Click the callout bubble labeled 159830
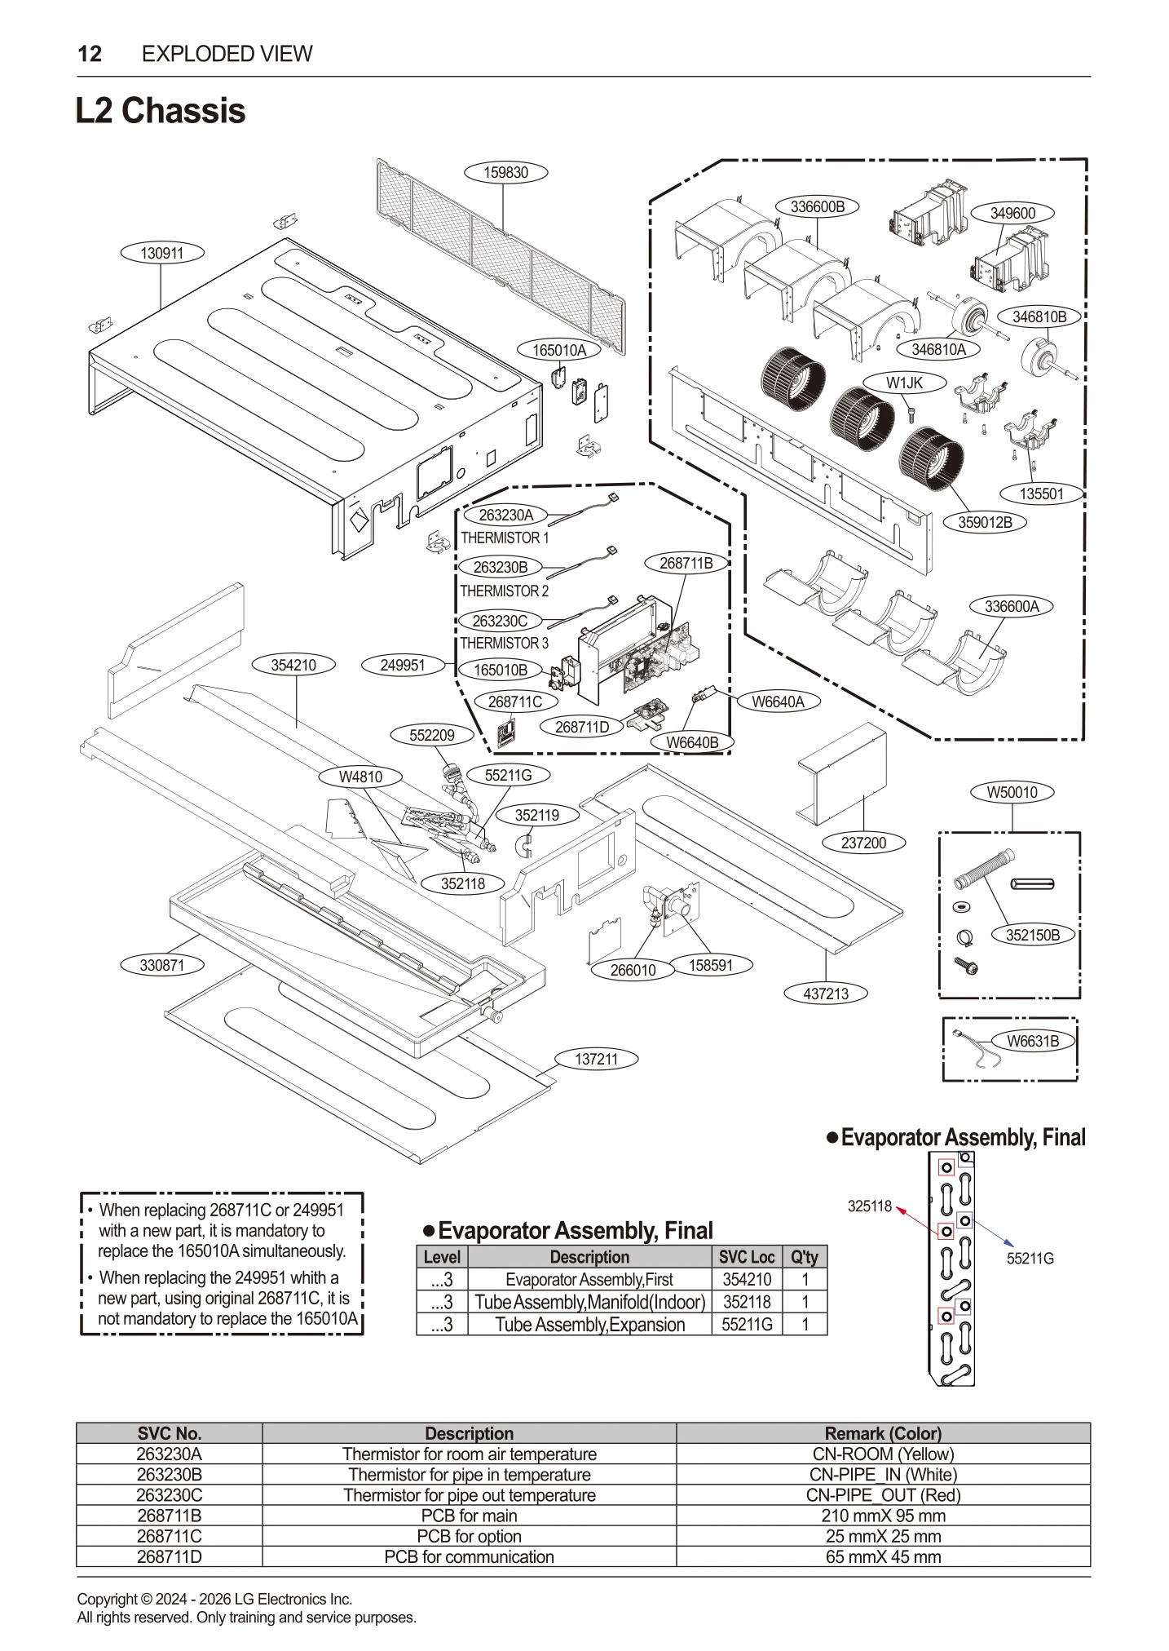505,173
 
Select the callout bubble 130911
161,254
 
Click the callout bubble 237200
863,843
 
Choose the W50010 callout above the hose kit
1012,792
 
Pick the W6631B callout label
1032,1041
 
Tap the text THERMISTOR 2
505,591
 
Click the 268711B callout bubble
685,563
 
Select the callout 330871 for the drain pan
161,965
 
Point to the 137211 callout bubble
596,1060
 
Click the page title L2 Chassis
161,111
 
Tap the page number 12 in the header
90,54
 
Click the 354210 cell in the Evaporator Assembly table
746,1280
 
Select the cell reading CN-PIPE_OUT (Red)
883,1495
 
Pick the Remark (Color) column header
883,1433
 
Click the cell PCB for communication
469,1556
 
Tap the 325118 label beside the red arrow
869,1206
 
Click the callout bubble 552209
431,735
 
